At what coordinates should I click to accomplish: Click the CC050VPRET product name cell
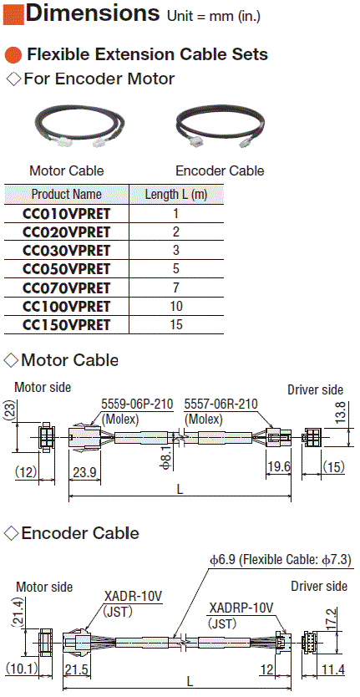point(66,269)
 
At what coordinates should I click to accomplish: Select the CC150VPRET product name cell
point(66,325)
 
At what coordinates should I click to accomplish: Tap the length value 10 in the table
point(176,306)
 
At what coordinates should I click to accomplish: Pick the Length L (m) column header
point(176,194)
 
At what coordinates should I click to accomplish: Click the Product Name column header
point(66,194)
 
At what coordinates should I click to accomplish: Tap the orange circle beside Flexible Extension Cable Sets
point(13,55)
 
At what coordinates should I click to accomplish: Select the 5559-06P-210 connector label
point(137,404)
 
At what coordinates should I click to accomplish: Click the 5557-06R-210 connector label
point(221,404)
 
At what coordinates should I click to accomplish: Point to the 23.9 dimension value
point(85,472)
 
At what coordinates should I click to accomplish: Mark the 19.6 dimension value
point(278,466)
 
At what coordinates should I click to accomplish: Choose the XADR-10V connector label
point(134,597)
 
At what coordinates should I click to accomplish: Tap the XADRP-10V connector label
point(241,608)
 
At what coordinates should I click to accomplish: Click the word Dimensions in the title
point(93,13)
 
